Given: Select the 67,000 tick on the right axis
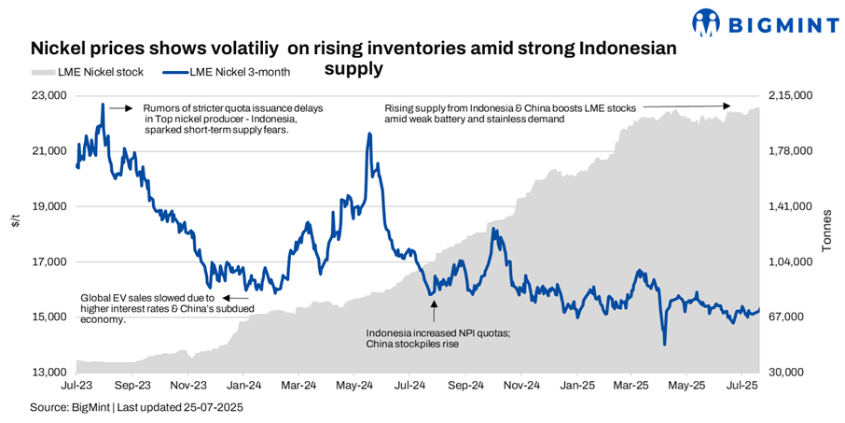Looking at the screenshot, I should [787, 317].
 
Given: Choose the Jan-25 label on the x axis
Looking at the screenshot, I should [577, 385].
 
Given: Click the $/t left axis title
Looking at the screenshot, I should [14, 221].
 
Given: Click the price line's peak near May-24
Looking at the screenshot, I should [370, 134].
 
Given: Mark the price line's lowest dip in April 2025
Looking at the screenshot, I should [664, 344].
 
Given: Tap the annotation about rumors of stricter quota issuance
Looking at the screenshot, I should [233, 120].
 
